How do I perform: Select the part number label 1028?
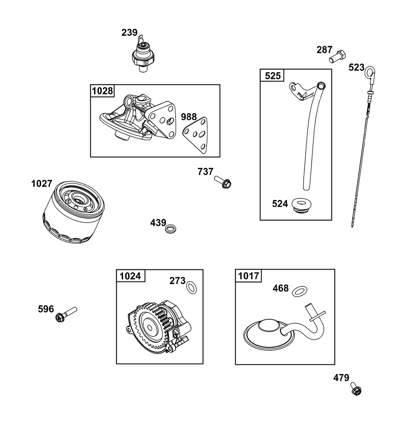[102, 91]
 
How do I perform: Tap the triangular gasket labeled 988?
[195, 135]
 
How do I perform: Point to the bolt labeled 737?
[223, 182]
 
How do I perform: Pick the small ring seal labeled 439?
[171, 228]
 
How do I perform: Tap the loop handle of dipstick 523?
[370, 73]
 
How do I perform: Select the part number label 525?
[273, 76]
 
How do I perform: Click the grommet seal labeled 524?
[302, 205]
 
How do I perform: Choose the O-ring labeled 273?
[192, 287]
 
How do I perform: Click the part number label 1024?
[130, 276]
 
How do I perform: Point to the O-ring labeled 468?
[300, 291]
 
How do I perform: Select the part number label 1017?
[248, 276]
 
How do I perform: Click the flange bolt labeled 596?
[66, 314]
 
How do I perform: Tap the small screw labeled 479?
[356, 389]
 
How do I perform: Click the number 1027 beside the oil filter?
[42, 184]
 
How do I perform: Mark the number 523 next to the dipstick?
[357, 68]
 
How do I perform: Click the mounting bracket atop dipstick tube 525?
[300, 91]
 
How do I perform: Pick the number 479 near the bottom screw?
[341, 378]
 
